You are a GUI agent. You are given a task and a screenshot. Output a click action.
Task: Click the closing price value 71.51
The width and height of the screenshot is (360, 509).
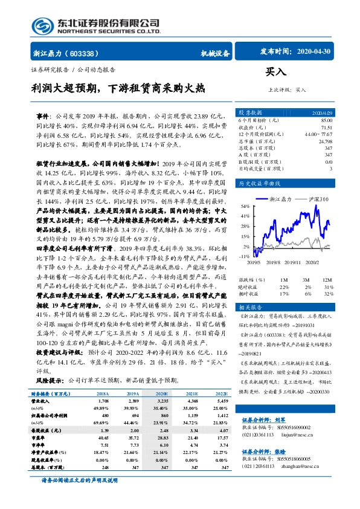(x=326, y=128)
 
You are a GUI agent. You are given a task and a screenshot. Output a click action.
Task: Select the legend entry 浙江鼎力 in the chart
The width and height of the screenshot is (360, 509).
(x=280, y=199)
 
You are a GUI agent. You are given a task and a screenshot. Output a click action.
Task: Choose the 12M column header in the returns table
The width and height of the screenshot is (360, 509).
(x=327, y=280)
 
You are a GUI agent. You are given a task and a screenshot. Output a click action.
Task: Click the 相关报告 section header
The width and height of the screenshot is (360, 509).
(x=249, y=306)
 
